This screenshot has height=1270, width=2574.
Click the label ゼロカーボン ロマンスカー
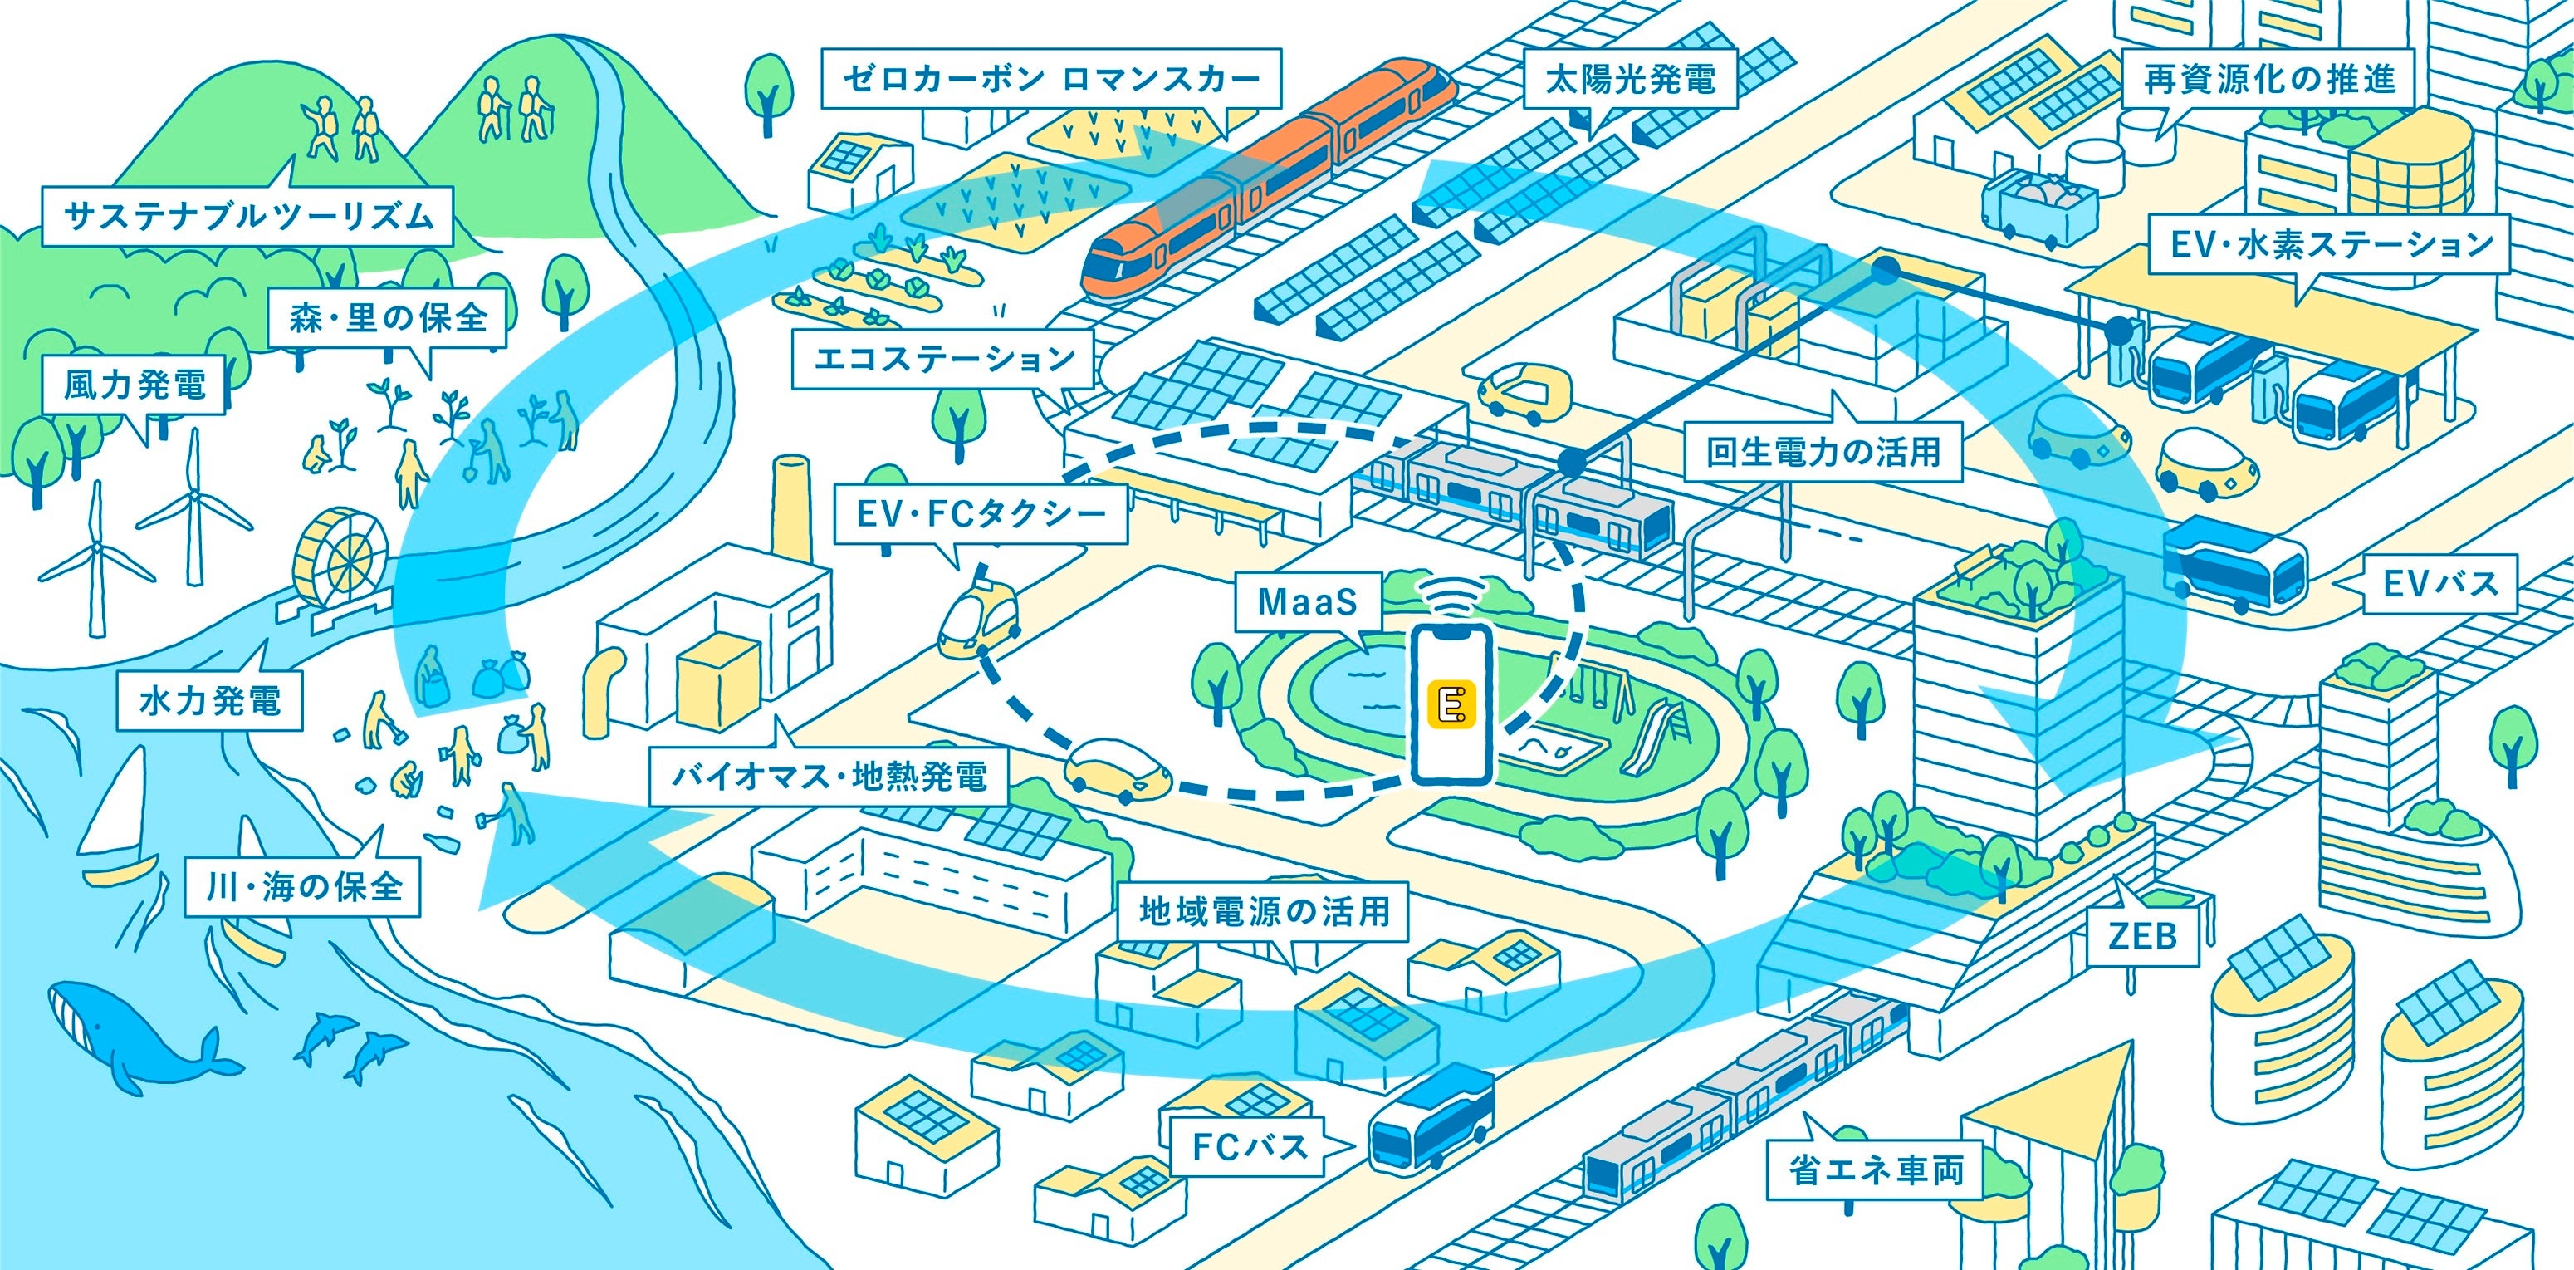click(x=1050, y=78)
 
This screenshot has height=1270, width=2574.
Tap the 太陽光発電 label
click(x=1630, y=79)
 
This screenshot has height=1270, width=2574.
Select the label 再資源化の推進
click(x=2270, y=79)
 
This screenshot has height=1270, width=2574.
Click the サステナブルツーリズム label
click(x=247, y=216)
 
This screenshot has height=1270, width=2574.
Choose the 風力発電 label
click(x=135, y=385)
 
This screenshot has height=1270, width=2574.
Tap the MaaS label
click(x=1307, y=602)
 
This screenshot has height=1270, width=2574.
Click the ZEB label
click(x=2142, y=936)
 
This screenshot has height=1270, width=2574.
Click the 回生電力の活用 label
click(x=1823, y=453)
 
